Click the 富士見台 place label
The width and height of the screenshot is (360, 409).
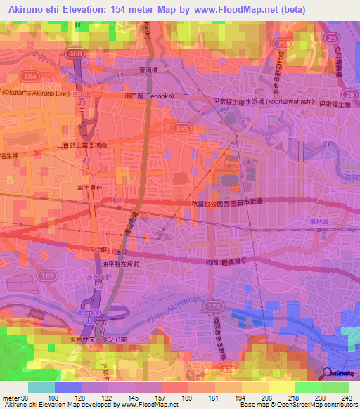coord(90,189)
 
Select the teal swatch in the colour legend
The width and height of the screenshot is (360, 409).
coord(41,387)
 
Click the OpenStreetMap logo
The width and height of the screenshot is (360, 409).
coord(340,375)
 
